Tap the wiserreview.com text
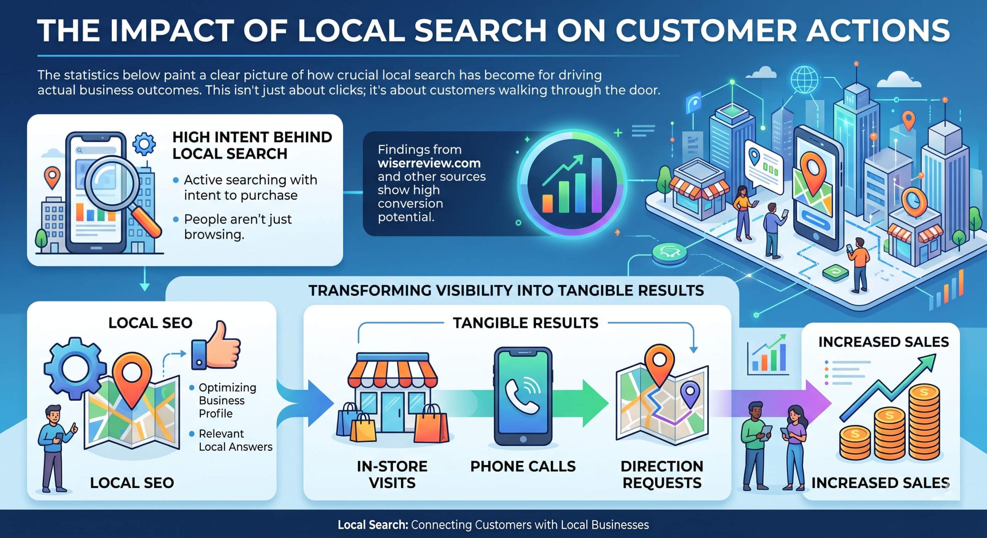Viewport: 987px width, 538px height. [429, 163]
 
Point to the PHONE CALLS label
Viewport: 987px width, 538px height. [523, 466]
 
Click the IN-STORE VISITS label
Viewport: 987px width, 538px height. [392, 474]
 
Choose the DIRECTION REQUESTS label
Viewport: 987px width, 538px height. [662, 474]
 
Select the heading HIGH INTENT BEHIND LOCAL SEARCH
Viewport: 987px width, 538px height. [252, 145]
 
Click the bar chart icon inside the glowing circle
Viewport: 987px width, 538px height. [572, 185]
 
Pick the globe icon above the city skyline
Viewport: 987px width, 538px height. [804, 79]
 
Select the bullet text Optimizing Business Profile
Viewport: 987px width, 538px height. [227, 400]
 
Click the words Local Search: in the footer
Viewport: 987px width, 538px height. [372, 525]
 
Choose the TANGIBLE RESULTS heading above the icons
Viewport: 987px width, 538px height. [525, 323]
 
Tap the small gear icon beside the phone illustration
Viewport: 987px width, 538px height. [144, 144]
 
